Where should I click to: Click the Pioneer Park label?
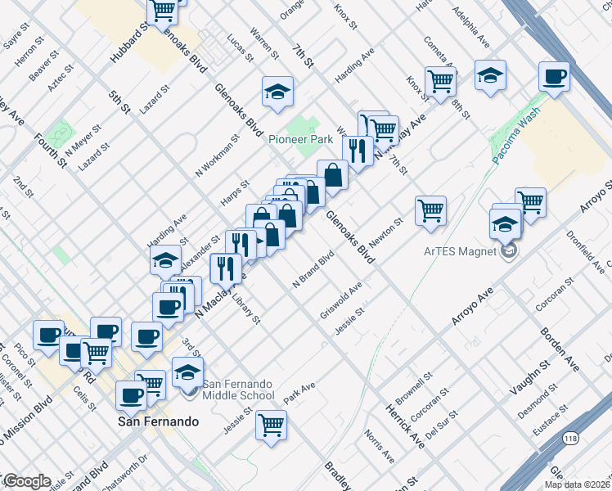299,139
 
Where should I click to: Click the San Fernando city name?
159,421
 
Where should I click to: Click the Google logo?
26,481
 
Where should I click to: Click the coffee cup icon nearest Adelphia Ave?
554,78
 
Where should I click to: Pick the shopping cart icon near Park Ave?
271,425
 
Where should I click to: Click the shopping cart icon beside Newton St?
430,210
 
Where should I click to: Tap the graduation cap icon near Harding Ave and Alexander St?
165,260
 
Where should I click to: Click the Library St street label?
246,312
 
